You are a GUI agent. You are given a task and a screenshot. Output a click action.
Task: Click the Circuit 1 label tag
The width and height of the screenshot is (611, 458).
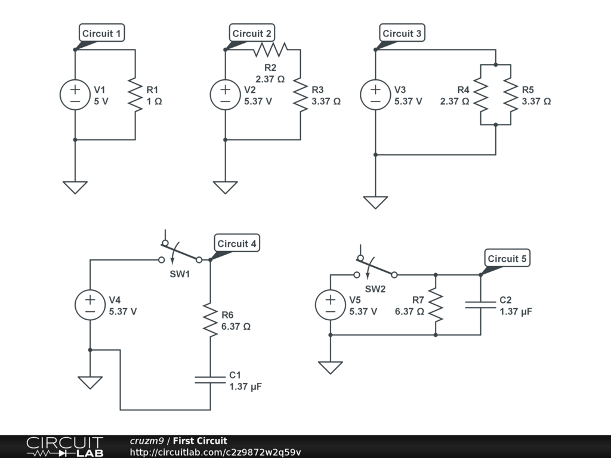[102, 33]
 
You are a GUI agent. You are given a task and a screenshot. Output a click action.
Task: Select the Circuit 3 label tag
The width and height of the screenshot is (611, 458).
[402, 33]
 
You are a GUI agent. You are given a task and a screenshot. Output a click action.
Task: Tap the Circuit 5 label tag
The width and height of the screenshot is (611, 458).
[507, 258]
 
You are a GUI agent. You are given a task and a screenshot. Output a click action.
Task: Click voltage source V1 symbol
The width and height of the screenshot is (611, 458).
[75, 95]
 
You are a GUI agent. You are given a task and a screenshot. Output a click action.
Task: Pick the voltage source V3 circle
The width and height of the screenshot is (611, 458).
[375, 95]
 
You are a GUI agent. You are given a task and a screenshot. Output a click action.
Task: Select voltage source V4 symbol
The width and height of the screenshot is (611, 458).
[90, 305]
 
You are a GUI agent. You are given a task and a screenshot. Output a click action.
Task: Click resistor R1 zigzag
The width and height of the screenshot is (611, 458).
[135, 95]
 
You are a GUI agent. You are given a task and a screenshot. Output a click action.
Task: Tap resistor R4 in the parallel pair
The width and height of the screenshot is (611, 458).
[481, 95]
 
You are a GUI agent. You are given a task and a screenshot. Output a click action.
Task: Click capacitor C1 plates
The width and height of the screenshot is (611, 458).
[210, 380]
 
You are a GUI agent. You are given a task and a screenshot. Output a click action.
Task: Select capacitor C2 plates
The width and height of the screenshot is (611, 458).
[480, 305]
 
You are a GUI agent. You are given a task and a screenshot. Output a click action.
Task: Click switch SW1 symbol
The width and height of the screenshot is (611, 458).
[180, 253]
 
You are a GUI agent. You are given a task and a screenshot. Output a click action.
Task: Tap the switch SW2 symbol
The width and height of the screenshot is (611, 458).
[376, 268]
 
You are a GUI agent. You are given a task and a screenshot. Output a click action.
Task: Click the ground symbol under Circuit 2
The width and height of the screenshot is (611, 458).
[225, 187]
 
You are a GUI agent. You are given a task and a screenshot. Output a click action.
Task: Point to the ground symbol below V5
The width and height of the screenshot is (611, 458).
[330, 367]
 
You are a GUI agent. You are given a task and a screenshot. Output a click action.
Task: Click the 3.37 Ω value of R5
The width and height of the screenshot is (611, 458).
[536, 101]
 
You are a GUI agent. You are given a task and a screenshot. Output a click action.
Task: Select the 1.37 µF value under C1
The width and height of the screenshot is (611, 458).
[245, 386]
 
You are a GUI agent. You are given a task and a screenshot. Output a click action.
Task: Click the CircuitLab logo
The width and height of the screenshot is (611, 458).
[64, 446]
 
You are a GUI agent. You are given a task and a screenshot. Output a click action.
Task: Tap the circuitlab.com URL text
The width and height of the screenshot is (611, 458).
[215, 451]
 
